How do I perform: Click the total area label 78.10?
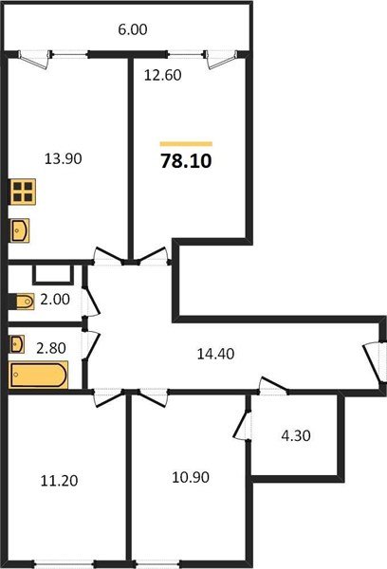(186, 161)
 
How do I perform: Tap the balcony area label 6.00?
(132, 29)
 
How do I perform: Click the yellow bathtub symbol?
(39, 375)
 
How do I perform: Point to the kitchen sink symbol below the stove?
(21, 229)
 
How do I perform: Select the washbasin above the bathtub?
(18, 343)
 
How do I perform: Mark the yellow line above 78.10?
(186, 143)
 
